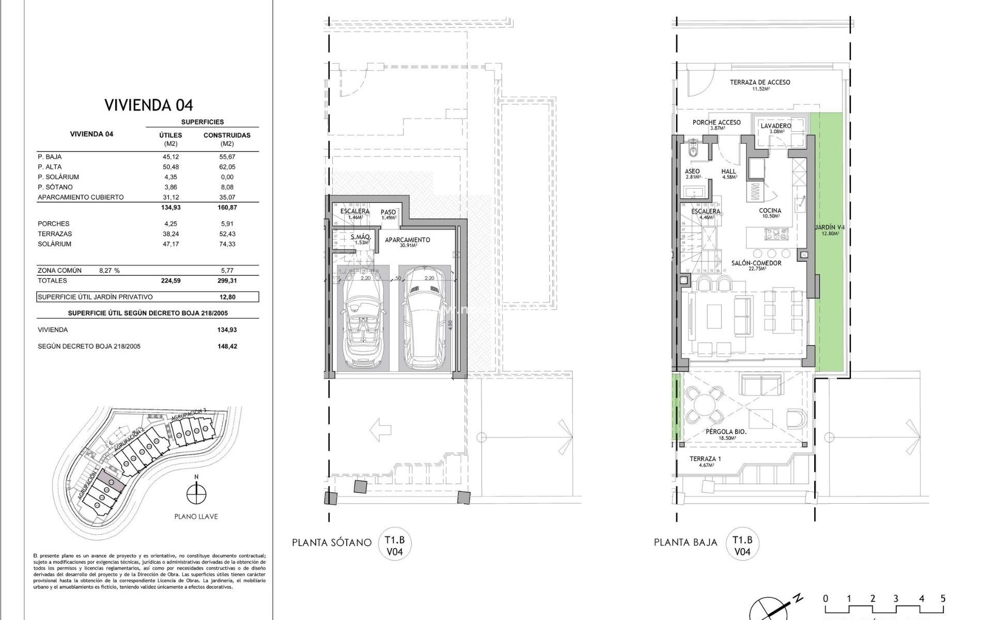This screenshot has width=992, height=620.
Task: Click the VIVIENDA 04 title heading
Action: point(149,105)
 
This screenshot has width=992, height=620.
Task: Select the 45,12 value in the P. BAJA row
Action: point(171,157)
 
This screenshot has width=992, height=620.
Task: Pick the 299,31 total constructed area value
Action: point(227,281)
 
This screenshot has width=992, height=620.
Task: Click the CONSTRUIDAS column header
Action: point(227,135)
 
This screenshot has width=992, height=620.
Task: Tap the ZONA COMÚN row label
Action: point(59,270)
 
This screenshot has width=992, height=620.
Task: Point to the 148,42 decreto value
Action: point(227,346)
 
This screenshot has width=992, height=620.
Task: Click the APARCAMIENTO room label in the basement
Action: point(407,240)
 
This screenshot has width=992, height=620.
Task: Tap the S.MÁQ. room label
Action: point(359,238)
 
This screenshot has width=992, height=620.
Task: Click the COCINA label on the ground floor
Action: point(770,211)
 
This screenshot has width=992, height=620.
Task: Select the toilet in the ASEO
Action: point(693,150)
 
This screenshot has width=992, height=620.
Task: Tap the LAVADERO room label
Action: point(776,126)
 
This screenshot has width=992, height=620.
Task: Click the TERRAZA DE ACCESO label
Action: point(760,82)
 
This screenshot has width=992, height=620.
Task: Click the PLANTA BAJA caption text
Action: point(685,542)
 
